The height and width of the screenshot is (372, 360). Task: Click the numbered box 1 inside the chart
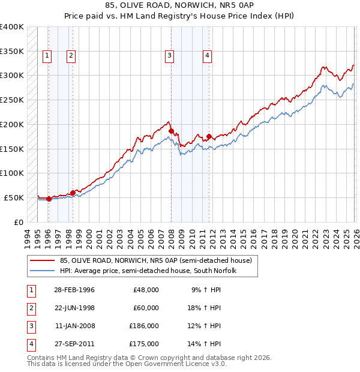click(x=47, y=56)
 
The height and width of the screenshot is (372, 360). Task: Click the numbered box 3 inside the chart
click(x=170, y=56)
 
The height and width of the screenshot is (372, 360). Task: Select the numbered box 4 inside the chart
click(x=207, y=56)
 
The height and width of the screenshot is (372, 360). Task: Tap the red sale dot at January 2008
click(x=171, y=131)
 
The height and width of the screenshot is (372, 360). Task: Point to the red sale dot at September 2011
click(x=209, y=136)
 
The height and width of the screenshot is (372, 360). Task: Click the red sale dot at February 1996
click(x=49, y=199)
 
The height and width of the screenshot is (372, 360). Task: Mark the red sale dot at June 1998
click(x=73, y=193)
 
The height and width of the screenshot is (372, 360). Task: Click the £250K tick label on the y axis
click(x=12, y=100)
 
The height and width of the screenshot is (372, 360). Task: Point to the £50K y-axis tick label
click(x=14, y=197)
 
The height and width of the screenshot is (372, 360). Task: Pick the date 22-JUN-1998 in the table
click(x=74, y=308)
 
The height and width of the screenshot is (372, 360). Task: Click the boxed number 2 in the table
click(x=29, y=308)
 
